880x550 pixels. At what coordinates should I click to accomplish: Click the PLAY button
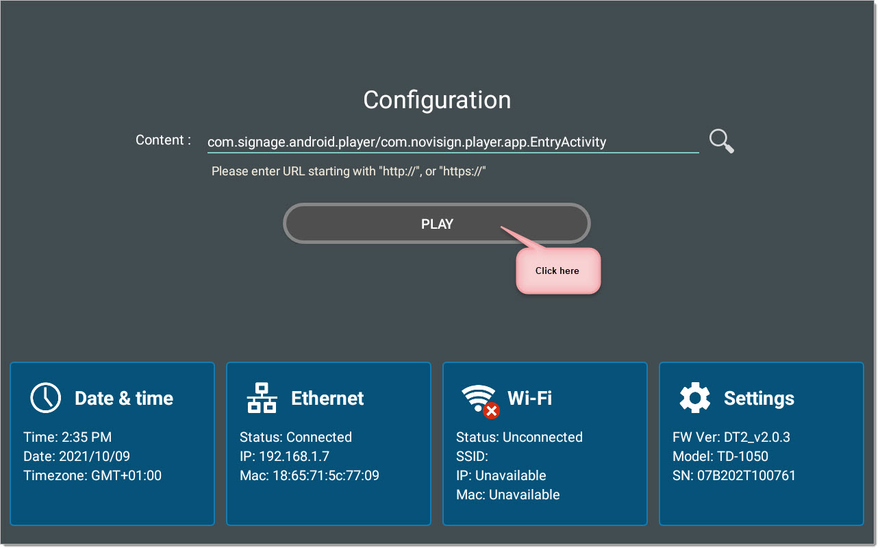coord(438,224)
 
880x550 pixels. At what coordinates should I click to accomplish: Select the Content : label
coord(164,140)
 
